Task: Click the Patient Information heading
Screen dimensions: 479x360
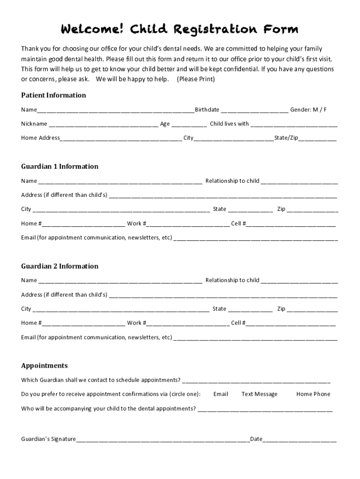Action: [x=53, y=95]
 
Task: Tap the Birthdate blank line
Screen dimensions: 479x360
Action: [x=254, y=110]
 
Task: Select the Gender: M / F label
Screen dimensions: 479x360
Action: [x=308, y=110]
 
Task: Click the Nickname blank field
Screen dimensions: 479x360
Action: [x=103, y=124]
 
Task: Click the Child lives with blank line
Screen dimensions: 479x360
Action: [x=294, y=124]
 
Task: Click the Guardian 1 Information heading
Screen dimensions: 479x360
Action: [x=59, y=167]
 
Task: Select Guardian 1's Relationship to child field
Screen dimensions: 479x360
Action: [x=299, y=181]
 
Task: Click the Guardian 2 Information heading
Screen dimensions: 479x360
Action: [x=59, y=266]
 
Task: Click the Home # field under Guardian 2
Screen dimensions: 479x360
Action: [x=83, y=323]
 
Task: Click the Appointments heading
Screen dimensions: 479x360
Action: [x=44, y=366]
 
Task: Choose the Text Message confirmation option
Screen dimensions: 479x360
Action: [x=259, y=394]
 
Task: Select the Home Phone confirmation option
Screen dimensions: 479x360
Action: [x=313, y=394]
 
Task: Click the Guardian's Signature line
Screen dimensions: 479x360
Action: [x=163, y=440]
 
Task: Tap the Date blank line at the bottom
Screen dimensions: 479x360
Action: [x=300, y=440]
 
